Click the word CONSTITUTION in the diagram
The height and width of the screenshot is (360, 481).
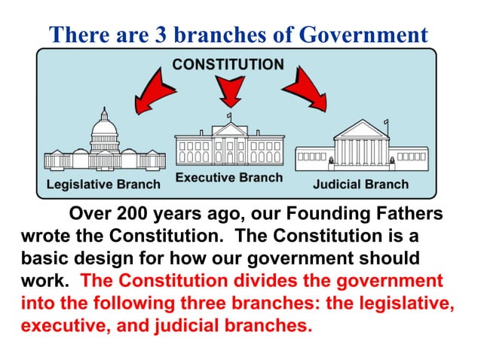[x=228, y=64]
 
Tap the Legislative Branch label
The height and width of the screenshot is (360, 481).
[x=104, y=185]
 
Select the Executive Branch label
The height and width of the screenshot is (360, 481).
[x=229, y=178]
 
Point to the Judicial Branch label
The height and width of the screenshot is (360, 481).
[x=361, y=185]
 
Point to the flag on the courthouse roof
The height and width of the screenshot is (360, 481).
[x=386, y=122]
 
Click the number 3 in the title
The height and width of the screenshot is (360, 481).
[x=150, y=35]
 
